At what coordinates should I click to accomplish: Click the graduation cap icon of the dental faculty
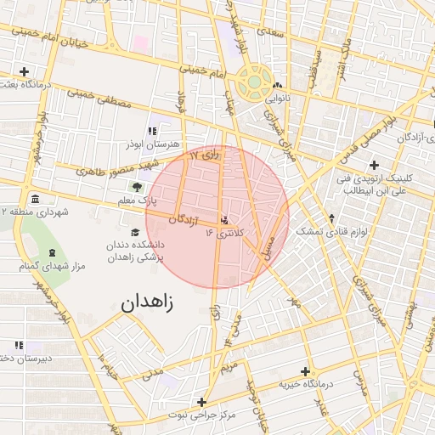pos(135,232)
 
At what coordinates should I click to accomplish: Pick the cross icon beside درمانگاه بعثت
pos(25,71)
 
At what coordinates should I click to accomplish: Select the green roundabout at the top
pos(254,83)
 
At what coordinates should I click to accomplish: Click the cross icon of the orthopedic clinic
pos(374,164)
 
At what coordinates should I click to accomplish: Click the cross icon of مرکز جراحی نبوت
pos(201,402)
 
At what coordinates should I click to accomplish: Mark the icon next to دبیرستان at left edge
pos(19,345)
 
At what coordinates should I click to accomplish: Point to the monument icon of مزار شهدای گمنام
pos(53,253)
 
